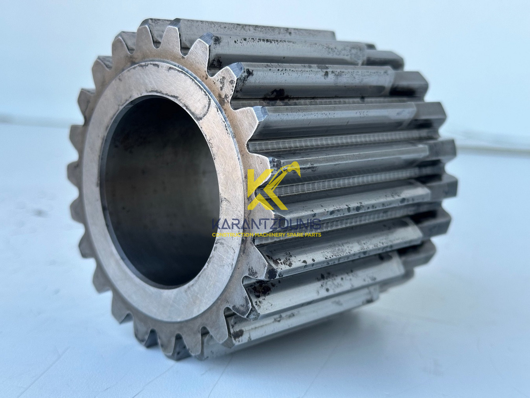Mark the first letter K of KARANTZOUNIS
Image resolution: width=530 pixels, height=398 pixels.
pos(216,224)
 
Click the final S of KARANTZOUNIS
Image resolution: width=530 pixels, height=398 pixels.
pos(317,224)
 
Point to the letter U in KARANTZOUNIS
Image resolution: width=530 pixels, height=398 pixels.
pos(294,224)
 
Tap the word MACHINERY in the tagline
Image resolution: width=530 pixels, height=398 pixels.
pos(268,235)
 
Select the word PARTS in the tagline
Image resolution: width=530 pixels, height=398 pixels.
pos(313,235)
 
